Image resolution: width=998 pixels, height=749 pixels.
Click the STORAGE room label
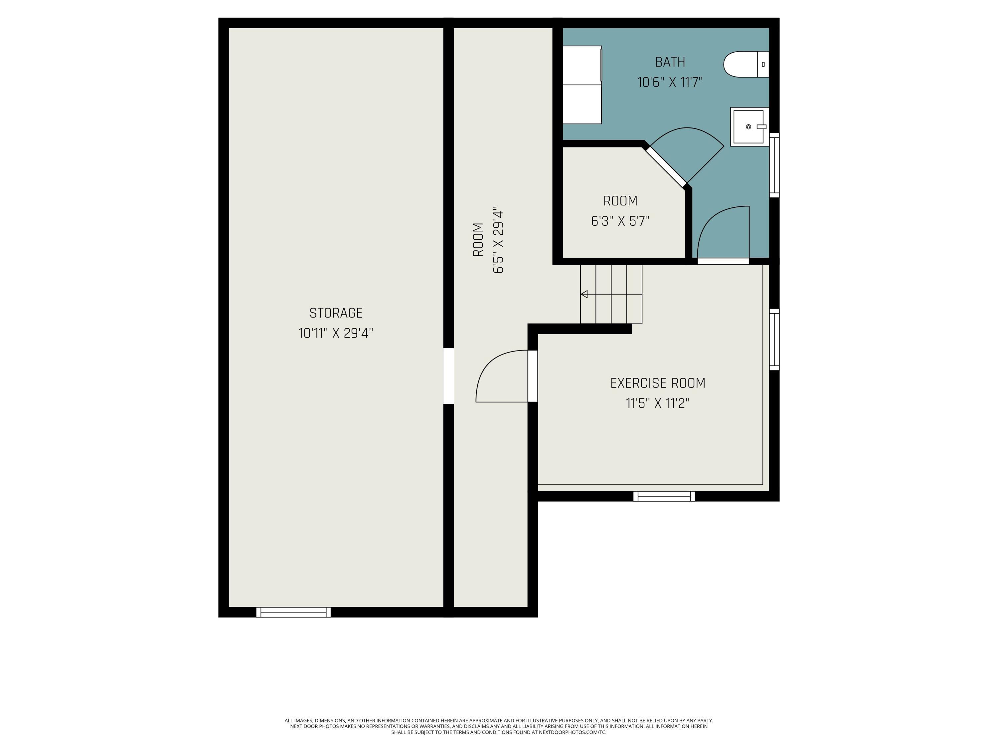click(336, 313)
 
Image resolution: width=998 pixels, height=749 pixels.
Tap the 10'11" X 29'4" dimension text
click(336, 333)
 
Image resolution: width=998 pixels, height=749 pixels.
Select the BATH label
click(670, 62)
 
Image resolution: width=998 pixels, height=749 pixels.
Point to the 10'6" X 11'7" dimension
click(670, 82)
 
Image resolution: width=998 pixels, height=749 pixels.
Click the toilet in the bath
click(746, 64)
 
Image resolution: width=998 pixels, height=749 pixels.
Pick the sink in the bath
click(748, 127)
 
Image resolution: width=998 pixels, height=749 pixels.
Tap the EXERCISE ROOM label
click(657, 383)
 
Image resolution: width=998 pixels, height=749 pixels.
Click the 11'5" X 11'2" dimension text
click(657, 403)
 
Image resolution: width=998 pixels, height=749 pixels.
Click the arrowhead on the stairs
click(584, 294)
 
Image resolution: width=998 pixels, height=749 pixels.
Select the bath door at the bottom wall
click(723, 261)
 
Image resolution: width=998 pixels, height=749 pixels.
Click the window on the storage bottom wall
click(293, 612)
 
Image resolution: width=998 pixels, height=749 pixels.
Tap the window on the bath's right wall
click(774, 165)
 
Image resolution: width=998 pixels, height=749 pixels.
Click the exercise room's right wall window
click(774, 340)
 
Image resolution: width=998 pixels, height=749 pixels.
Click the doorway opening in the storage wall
click(448, 375)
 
